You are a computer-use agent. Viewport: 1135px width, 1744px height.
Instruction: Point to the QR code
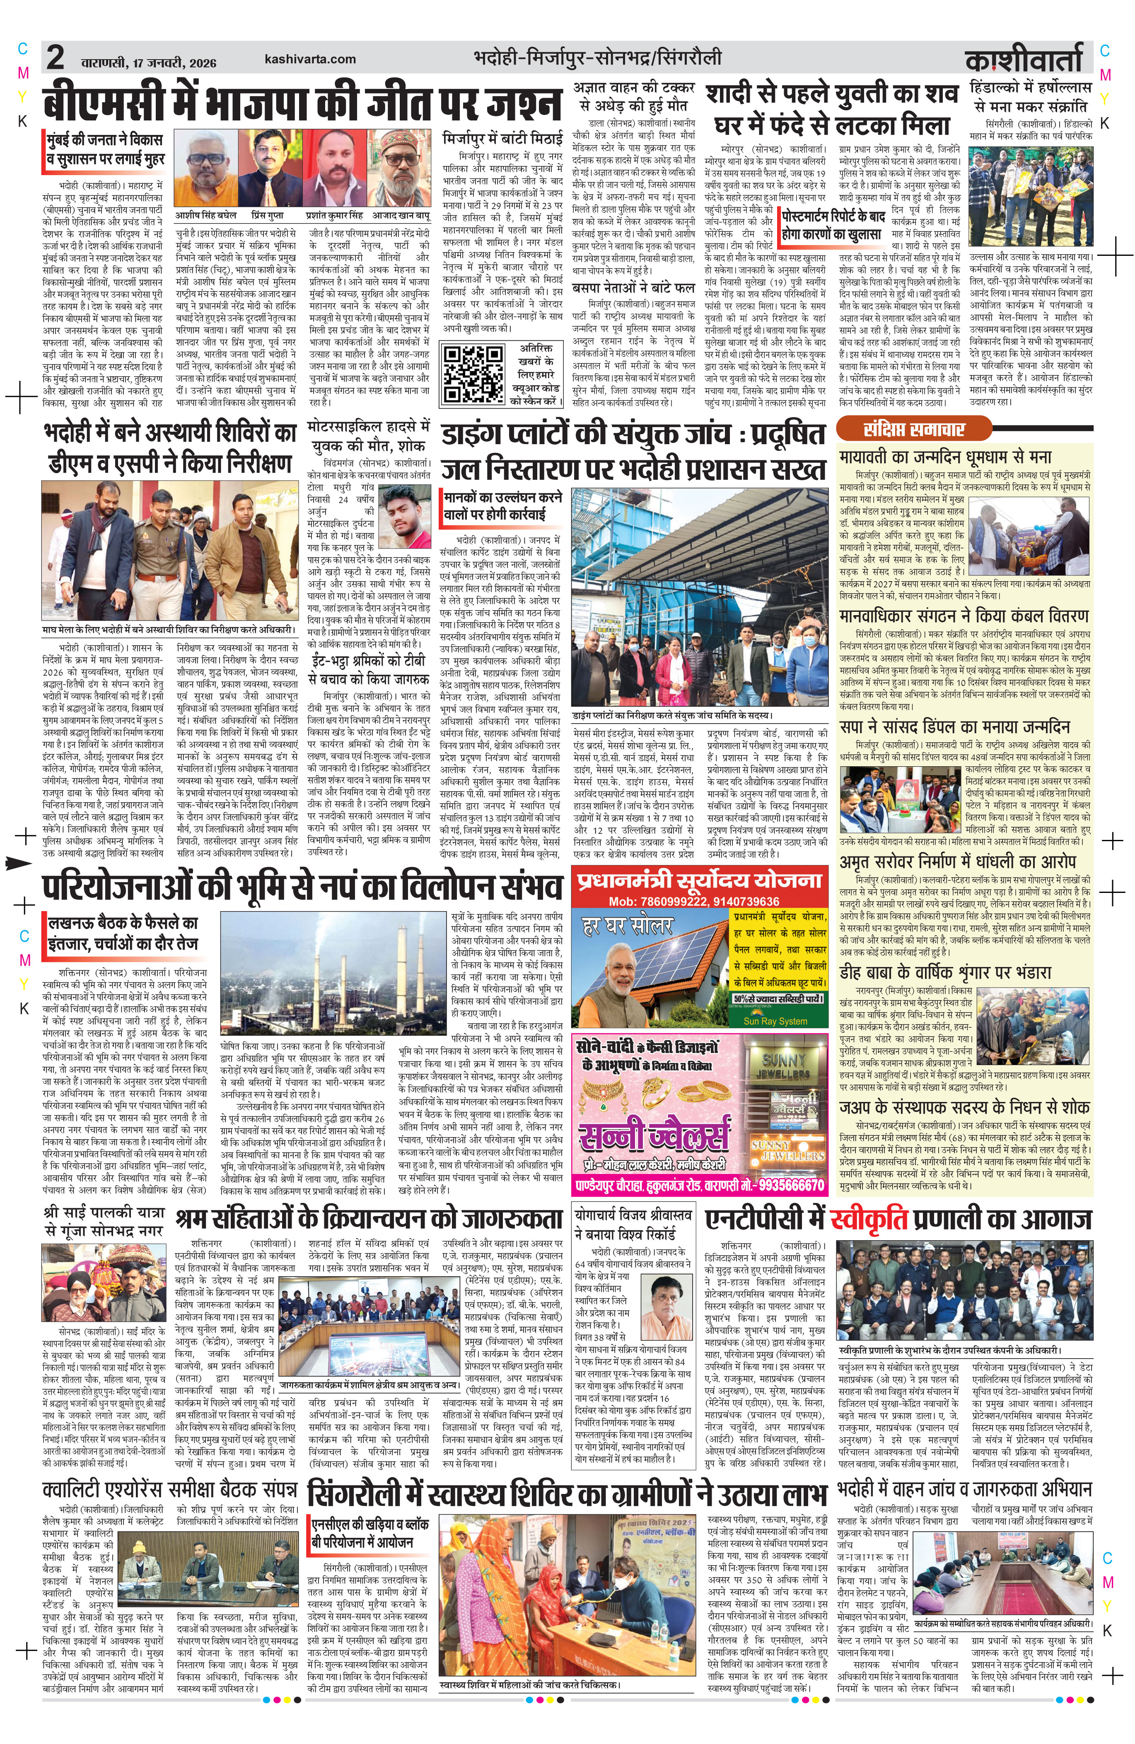coord(471,375)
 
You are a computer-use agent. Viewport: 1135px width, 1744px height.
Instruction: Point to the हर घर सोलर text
coord(627,926)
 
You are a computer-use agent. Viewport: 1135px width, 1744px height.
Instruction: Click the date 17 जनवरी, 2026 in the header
coord(174,62)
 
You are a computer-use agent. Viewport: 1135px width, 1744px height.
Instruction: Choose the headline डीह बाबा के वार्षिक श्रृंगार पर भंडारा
coord(945,972)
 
